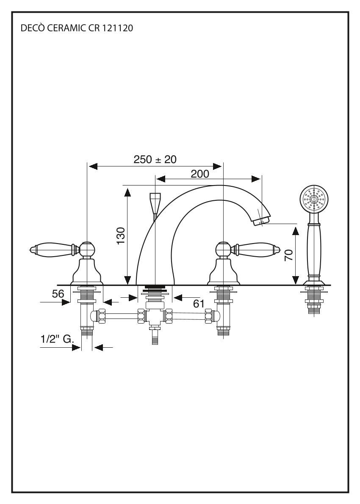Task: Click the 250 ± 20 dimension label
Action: click(155, 160)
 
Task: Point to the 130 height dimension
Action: click(121, 235)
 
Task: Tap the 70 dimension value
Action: click(289, 255)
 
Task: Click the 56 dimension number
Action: click(58, 294)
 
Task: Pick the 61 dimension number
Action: click(199, 303)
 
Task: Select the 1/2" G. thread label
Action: click(58, 339)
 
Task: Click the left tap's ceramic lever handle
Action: click(51, 249)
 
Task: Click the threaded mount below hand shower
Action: click(314, 301)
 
